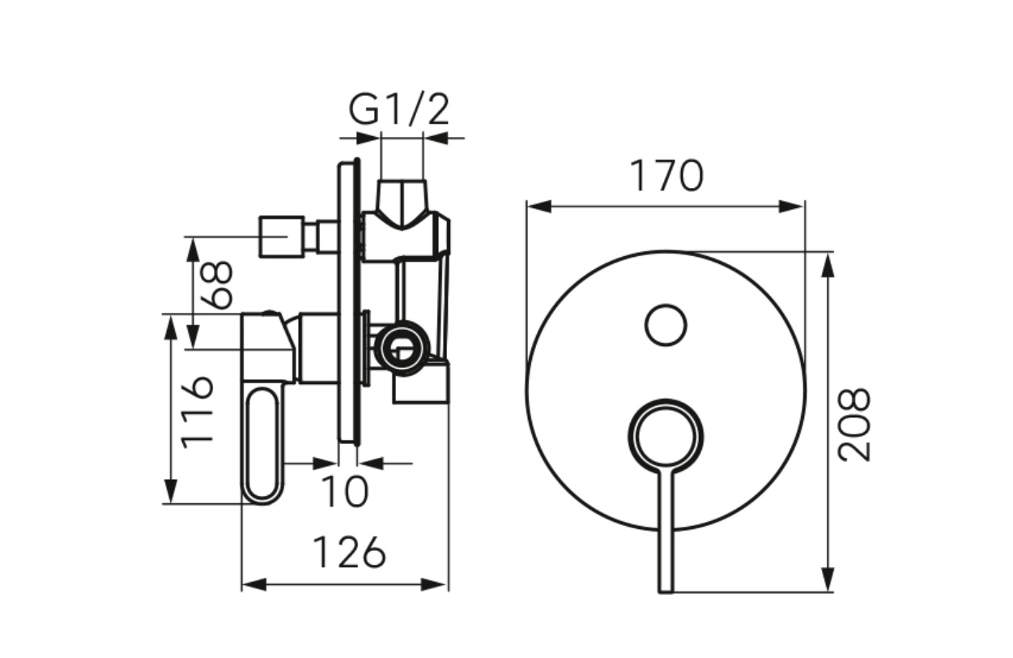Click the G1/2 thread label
coord(399,110)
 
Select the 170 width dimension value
coord(666,176)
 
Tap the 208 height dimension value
coord(853,425)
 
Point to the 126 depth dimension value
coord(349,553)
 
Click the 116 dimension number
coord(197,412)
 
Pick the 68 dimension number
coord(217,285)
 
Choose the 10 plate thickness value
coord(345,492)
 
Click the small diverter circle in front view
coord(666,326)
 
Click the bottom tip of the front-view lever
coord(666,591)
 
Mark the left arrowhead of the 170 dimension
coord(539,207)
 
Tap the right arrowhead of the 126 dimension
coord(434,585)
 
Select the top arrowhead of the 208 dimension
coord(827,265)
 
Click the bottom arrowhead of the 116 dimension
coord(171,491)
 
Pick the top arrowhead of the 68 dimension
coord(193,250)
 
